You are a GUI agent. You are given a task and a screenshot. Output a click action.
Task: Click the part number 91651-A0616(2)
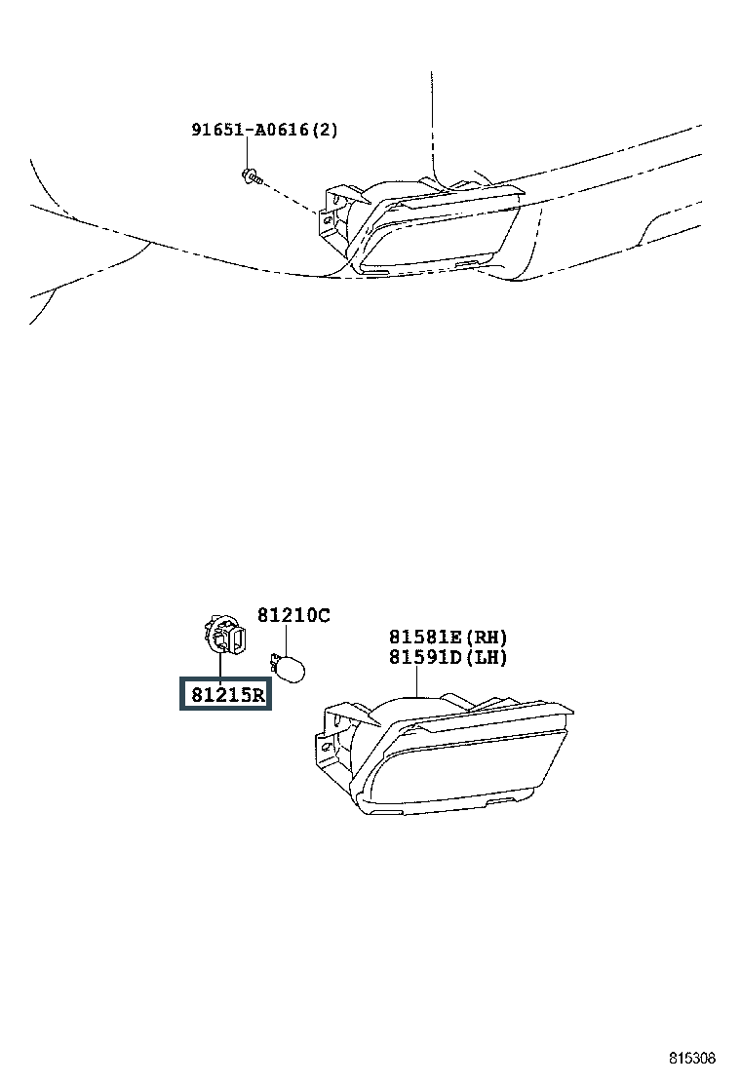[x=264, y=129]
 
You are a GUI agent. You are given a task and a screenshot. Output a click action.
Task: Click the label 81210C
[x=293, y=615]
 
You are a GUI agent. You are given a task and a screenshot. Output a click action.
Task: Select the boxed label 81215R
[x=225, y=695]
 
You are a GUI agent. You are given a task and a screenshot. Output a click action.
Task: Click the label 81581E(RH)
[x=448, y=638]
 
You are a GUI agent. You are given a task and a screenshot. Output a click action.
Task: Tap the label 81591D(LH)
[x=448, y=657]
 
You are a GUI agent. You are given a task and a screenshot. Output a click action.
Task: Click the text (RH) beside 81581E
[x=487, y=638]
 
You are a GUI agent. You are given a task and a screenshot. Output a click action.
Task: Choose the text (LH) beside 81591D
[x=487, y=657]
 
